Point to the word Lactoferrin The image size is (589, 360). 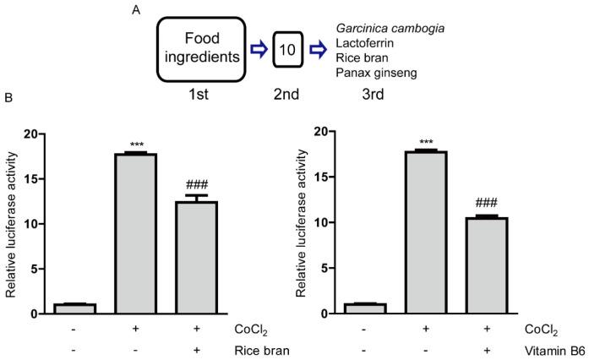(x=362, y=43)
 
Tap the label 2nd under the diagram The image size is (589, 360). (x=287, y=95)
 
